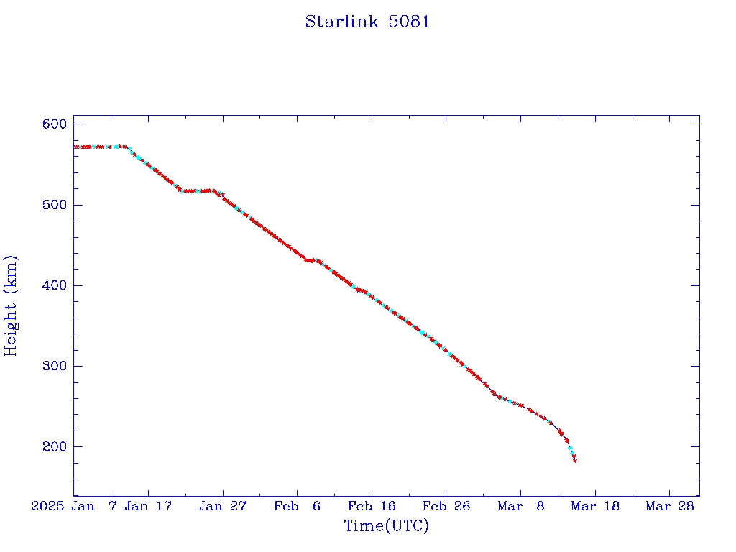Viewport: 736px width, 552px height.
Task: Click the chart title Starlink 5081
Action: [367, 22]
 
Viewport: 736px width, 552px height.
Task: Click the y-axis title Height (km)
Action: [11, 305]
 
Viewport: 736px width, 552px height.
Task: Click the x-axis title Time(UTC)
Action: [386, 526]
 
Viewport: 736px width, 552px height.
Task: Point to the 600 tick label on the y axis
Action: [54, 124]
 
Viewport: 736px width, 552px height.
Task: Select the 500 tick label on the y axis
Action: [54, 205]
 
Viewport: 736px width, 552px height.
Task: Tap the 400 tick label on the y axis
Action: [54, 285]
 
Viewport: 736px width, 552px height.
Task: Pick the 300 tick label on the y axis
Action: [54, 366]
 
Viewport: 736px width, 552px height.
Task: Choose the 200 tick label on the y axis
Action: [54, 446]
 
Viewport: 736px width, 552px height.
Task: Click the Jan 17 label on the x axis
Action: [148, 506]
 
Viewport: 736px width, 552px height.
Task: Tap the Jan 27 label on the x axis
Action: [223, 506]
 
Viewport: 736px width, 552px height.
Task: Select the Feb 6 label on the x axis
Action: [298, 506]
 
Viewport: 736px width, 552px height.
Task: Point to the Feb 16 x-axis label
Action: [372, 506]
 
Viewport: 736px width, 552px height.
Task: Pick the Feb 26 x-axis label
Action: [446, 506]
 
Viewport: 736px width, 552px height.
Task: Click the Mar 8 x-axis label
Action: [520, 506]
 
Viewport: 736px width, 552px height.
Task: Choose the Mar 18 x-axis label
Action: [595, 506]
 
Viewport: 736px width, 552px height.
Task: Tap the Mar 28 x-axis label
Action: [669, 506]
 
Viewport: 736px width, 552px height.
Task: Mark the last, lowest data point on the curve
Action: [575, 461]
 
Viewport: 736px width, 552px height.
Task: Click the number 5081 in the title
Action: [410, 22]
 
